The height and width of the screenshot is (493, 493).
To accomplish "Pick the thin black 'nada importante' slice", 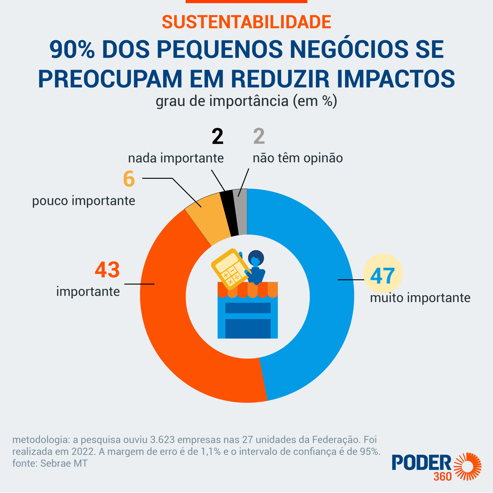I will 229,213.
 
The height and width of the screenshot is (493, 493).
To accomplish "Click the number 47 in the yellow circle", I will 382,276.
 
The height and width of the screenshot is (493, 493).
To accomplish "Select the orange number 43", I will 107,270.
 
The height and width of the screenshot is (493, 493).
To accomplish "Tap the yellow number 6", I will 129,179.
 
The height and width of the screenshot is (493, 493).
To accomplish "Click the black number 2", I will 217,137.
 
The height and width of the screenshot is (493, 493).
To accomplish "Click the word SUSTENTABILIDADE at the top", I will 246,22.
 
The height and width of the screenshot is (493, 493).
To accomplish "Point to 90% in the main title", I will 72,49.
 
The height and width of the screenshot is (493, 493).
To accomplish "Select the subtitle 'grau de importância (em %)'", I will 246,101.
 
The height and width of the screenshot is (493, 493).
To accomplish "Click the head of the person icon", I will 256,258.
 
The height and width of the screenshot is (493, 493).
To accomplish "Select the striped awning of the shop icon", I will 247,290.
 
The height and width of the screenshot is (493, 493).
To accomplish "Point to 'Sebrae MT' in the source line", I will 64,463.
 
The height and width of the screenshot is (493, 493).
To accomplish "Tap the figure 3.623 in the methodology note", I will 162,440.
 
